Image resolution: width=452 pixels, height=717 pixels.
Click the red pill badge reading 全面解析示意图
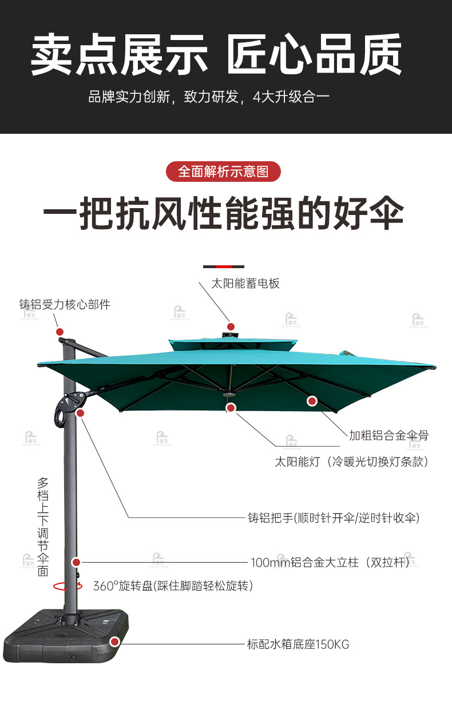[x=223, y=172]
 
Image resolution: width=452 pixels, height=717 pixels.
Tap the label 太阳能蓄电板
[x=245, y=284]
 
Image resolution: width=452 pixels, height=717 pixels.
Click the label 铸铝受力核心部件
[x=65, y=305]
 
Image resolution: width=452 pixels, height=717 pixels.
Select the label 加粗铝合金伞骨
[x=388, y=436]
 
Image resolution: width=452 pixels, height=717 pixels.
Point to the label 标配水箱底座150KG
[x=298, y=644]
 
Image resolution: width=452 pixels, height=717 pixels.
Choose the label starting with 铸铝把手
[x=334, y=518]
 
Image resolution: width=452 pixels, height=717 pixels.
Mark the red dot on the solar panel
[x=231, y=327]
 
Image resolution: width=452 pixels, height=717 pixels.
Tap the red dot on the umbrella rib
[x=312, y=401]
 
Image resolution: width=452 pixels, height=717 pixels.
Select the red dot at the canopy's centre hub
[x=231, y=408]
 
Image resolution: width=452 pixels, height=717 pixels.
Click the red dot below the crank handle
[x=80, y=413]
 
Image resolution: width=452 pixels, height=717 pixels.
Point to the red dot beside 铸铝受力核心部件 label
[x=60, y=332]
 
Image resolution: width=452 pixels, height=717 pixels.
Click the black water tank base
[x=63, y=635]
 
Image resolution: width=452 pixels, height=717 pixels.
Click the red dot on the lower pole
[x=76, y=563]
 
